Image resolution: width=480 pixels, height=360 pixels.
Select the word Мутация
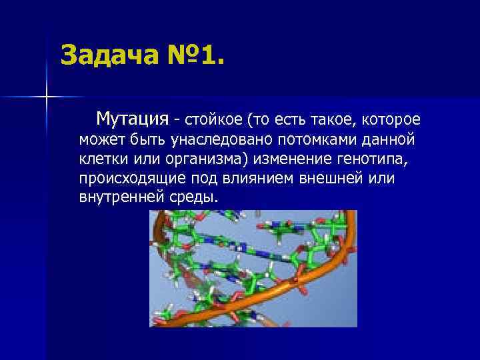click(x=131, y=119)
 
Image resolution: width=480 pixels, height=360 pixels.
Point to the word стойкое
click(x=213, y=121)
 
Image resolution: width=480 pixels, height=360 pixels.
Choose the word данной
click(x=389, y=141)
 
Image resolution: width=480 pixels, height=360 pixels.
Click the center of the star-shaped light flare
click(x=47, y=97)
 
